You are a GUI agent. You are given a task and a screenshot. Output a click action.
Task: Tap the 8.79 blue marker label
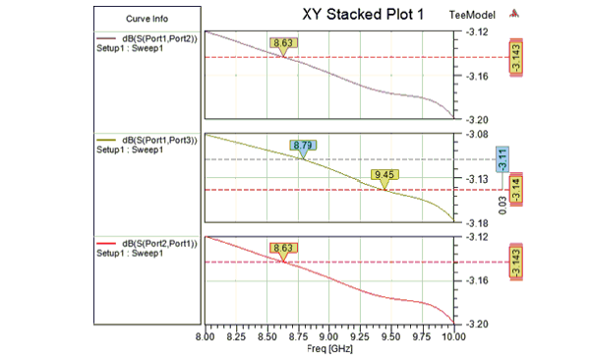point(303,146)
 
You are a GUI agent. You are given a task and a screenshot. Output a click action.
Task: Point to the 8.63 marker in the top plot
point(283,43)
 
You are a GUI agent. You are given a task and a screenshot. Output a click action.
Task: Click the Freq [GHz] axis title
point(327,349)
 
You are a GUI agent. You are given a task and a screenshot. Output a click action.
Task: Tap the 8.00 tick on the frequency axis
point(205,336)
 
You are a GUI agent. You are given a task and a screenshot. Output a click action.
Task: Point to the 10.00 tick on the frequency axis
point(451,336)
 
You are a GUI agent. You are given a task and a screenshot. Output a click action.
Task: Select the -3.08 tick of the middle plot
point(475,134)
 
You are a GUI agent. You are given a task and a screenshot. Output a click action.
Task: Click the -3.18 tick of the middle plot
point(475,220)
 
